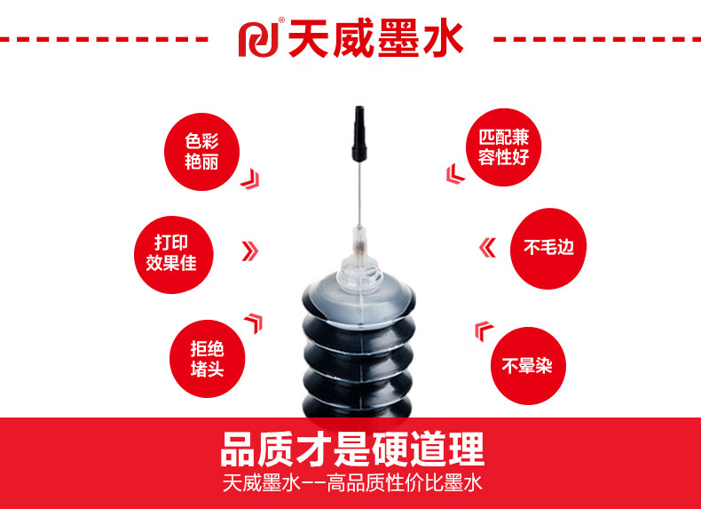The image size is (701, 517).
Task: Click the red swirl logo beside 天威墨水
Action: click(258, 39)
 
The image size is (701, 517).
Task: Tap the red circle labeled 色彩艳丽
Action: click(201, 152)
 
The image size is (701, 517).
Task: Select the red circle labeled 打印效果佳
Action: click(173, 255)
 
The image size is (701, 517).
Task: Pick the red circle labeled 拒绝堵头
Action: click(207, 359)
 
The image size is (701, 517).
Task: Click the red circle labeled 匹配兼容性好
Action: click(503, 147)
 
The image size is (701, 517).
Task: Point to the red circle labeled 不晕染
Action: click(528, 366)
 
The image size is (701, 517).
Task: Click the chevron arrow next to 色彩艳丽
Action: click(250, 179)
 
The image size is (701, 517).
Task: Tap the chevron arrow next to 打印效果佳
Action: click(250, 251)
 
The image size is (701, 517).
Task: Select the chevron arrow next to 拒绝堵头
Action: click(254, 322)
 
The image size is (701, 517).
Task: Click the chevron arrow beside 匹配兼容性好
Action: click(455, 174)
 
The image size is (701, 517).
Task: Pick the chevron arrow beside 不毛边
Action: click(487, 249)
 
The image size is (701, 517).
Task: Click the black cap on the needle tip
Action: click(359, 133)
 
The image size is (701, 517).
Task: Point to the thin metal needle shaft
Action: click(358, 195)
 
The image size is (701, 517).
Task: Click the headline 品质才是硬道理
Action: click(353, 449)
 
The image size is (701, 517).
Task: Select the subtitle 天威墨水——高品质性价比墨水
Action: click(353, 483)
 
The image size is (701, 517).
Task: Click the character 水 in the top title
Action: click(442, 39)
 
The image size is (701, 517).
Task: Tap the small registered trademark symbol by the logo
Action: click(281, 20)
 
